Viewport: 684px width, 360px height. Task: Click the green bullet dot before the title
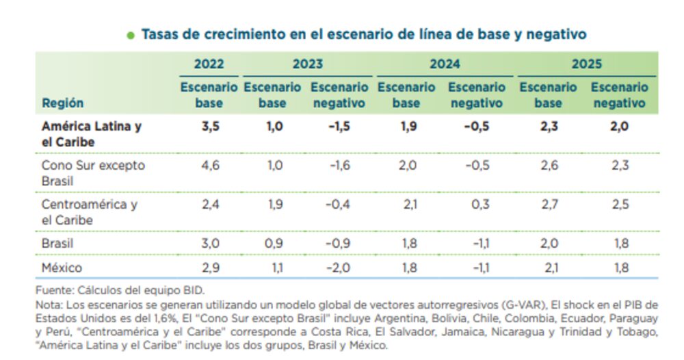[131, 35]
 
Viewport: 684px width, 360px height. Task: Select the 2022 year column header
[208, 64]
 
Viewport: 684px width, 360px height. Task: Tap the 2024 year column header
[445, 64]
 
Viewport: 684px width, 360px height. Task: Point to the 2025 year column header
[586, 64]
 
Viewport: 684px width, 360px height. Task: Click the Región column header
[62, 103]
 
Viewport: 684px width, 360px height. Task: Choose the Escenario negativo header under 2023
[340, 96]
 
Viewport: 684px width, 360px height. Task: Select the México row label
[62, 268]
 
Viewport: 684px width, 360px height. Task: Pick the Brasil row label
[57, 243]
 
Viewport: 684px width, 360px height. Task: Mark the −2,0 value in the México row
[340, 268]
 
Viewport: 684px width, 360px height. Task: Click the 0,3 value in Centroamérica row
[477, 204]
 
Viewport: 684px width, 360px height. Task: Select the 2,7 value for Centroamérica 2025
[548, 204]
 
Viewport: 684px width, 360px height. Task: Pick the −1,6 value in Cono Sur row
[340, 166]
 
